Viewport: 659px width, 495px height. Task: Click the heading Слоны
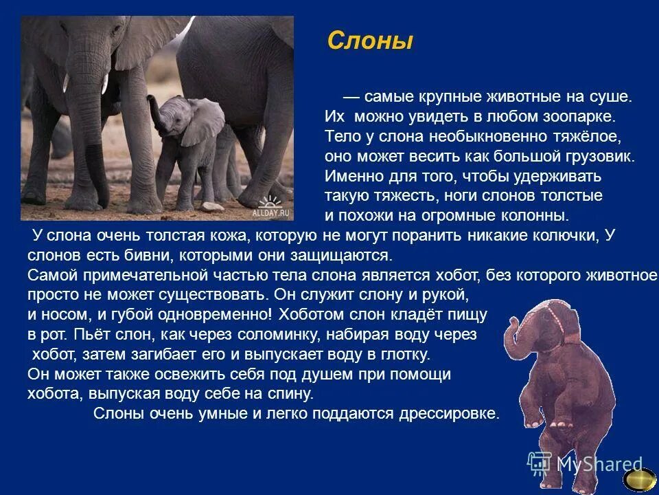(370, 42)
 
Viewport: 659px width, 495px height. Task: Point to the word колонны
(534, 215)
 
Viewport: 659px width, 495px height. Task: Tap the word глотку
(405, 355)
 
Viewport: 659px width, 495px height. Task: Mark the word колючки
(568, 236)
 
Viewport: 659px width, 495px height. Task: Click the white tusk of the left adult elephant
(105, 84)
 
